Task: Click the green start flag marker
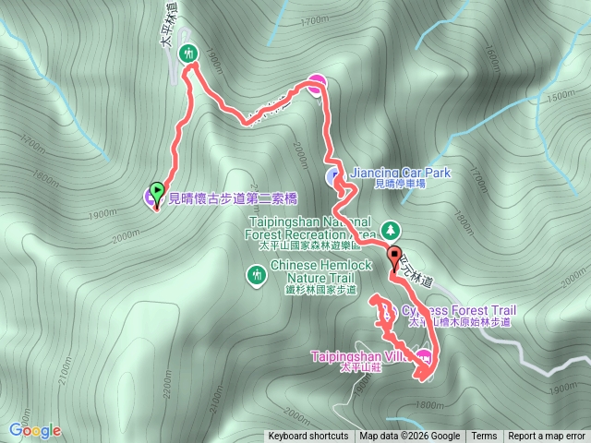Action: click(x=156, y=192)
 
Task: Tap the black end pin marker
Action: click(x=395, y=257)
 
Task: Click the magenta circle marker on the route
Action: click(x=316, y=83)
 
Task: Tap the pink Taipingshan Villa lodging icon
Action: click(x=424, y=356)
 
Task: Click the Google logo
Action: click(x=35, y=430)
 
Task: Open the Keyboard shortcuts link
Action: click(x=308, y=437)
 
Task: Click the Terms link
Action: click(x=484, y=437)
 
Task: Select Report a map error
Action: click(x=547, y=437)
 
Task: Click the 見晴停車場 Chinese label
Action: click(x=399, y=184)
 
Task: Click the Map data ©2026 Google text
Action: click(x=409, y=437)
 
